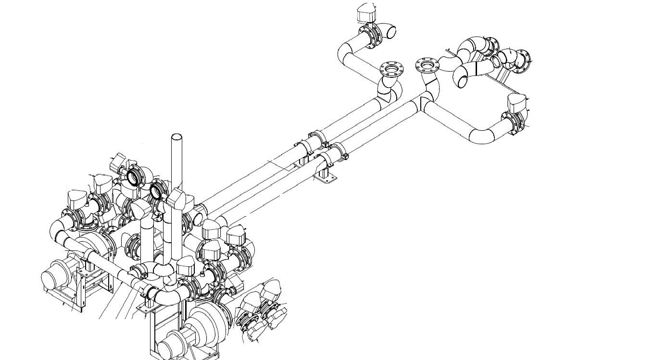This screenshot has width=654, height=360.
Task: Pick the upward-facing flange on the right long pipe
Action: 428,65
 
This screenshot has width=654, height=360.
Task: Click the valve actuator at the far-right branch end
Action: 517,102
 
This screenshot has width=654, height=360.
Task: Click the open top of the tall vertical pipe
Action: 177,137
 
